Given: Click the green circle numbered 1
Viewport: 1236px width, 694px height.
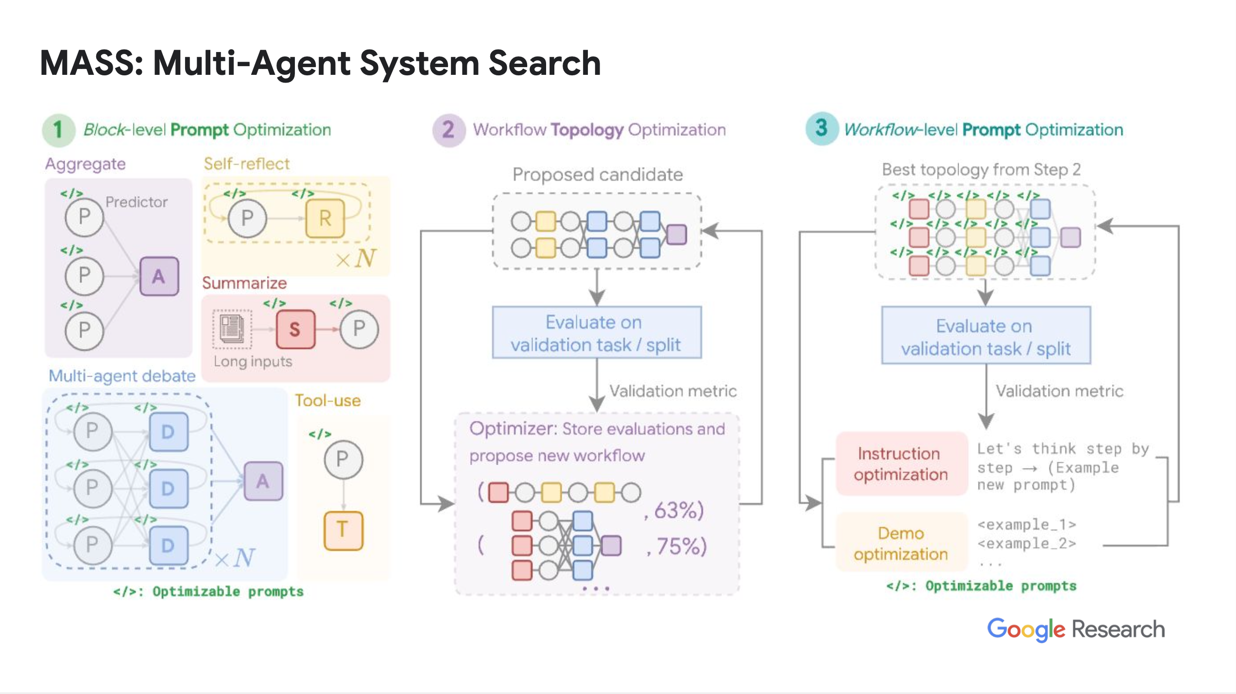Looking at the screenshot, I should pos(58,130).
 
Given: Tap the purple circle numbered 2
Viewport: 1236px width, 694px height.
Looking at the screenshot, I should pos(448,130).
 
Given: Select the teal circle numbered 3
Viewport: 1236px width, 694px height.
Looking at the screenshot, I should pos(822,129).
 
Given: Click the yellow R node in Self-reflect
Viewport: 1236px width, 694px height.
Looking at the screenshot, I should pos(325,218).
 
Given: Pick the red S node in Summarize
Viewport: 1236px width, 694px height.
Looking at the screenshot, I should pos(295,330).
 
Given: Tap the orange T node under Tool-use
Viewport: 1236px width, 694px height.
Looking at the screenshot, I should pos(343,530).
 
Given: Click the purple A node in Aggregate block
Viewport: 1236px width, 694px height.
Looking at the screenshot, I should pos(159,276).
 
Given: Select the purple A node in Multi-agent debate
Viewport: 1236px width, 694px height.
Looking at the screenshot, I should pos(263,481).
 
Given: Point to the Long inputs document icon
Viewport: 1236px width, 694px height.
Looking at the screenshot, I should pos(232,329).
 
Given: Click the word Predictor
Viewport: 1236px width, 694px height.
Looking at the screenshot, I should pos(137,202).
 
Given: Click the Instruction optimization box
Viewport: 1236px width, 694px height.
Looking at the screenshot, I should pos(901,464).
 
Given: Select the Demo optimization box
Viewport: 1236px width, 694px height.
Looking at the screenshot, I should pos(901,543).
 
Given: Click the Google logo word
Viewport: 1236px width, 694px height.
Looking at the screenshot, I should pos(1026,629).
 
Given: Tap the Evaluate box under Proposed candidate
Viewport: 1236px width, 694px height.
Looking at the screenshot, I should pos(597,333).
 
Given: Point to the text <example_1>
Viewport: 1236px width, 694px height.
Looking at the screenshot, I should pos(1027,525).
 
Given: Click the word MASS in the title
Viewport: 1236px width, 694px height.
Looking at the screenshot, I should pos(91,63).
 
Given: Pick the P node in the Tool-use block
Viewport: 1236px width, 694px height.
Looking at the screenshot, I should pos(343,459).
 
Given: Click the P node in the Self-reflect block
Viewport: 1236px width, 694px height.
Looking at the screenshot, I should pos(247,218).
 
